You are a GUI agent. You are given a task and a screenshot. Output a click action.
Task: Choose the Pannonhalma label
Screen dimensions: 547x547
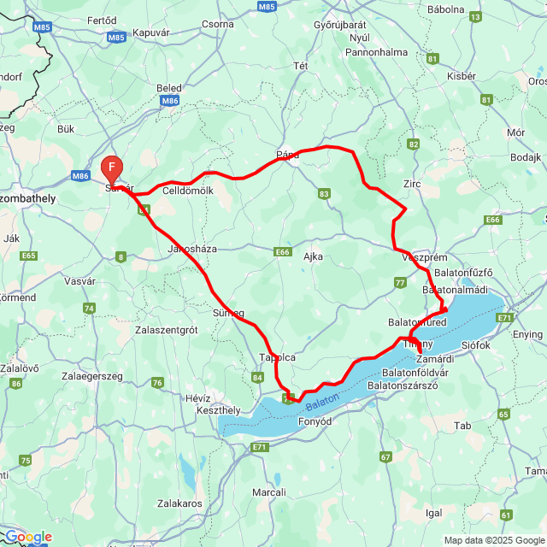[x=376, y=52]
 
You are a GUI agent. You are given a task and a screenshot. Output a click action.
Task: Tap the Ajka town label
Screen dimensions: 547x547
[x=314, y=256]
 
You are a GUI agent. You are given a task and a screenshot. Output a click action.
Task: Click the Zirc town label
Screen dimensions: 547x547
[x=412, y=184]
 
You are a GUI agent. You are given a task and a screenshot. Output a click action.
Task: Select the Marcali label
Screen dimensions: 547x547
[x=269, y=492]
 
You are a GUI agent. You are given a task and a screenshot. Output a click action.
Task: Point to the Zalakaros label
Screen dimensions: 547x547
[x=179, y=504]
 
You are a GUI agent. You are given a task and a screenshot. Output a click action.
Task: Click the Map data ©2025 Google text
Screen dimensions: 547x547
[x=493, y=540]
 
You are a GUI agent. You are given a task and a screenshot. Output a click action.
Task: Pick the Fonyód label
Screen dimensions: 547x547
[x=314, y=421]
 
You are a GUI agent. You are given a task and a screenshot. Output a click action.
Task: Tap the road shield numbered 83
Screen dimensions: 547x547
[x=324, y=195]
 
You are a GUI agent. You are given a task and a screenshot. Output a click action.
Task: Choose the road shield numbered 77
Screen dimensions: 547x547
[x=400, y=282]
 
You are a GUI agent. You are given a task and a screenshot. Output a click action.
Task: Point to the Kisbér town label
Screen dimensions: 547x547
[x=461, y=76]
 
